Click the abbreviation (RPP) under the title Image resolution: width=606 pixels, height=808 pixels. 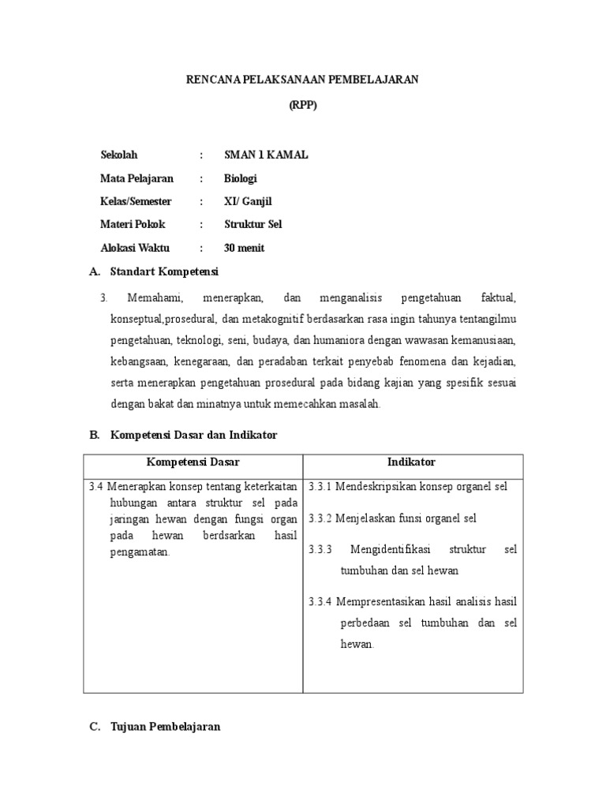point(303,107)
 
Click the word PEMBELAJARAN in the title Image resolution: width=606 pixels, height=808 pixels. point(378,80)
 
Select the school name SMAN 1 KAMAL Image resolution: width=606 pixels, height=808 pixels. point(266,155)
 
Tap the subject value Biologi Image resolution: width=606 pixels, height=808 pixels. point(241,178)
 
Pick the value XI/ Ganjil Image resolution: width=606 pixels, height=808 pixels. point(248,201)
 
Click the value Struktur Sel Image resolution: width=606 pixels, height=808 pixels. point(252,224)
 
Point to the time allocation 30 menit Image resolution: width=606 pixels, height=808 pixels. point(245,248)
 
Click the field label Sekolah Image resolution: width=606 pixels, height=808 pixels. point(118,155)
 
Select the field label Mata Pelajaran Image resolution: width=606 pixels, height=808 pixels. point(137,178)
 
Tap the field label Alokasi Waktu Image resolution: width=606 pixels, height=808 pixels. point(135,248)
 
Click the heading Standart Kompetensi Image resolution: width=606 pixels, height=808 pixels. point(164,271)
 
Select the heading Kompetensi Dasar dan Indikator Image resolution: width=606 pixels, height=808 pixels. point(194,435)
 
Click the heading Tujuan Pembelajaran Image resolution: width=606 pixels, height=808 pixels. point(165,727)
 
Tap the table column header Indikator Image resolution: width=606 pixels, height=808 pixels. point(411,462)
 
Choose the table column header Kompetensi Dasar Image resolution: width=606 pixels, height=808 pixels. point(193,462)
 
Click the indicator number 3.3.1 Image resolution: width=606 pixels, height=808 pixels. point(320,486)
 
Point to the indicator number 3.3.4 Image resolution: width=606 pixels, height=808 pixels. point(320,602)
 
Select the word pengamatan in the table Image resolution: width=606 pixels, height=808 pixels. point(140,552)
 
